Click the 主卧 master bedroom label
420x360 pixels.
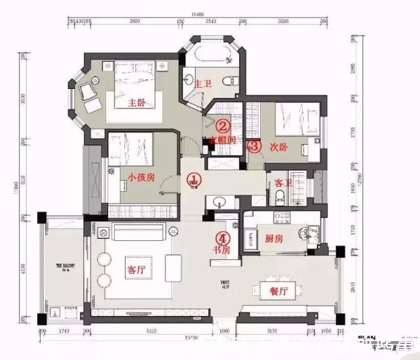pos(136,103)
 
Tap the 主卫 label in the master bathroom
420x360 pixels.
pos(203,83)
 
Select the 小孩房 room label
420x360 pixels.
pos(142,177)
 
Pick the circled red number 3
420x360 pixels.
pos(254,147)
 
